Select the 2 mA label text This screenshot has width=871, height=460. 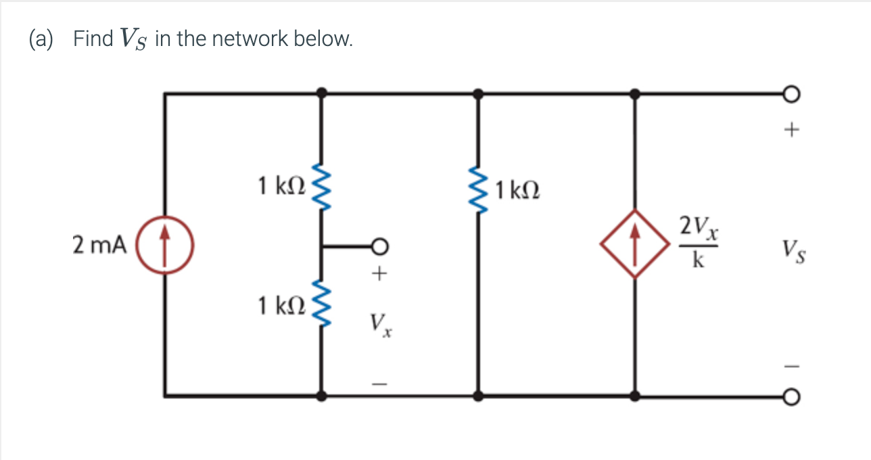click(99, 246)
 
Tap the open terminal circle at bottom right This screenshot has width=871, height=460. click(793, 396)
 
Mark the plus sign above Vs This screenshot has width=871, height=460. click(793, 129)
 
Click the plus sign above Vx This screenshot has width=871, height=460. click(381, 274)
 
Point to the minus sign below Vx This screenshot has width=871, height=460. click(381, 384)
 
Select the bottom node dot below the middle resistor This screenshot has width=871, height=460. click(479, 396)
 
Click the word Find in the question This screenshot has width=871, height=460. click(93, 39)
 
